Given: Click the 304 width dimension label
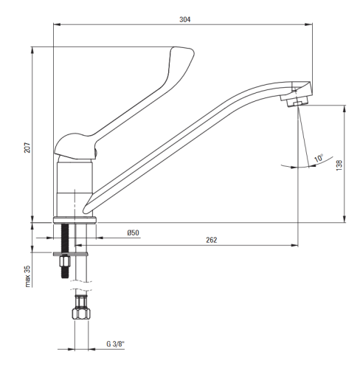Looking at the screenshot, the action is click(184, 19).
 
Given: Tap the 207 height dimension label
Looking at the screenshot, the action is click(27, 148).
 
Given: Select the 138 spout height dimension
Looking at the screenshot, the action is click(339, 165).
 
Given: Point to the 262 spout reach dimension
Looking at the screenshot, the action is click(212, 240).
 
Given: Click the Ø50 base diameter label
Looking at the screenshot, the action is click(133, 232).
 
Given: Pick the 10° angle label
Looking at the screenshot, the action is click(319, 158).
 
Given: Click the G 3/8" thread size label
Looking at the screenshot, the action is click(115, 344).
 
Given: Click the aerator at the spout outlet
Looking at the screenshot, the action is click(297, 103).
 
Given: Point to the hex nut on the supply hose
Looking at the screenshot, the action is click(81, 314).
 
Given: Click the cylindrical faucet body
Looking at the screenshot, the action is click(75, 188).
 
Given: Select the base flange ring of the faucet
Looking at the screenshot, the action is click(75, 220).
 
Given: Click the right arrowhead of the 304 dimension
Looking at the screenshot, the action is click(308, 24).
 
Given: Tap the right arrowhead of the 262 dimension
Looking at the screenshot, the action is click(294, 245).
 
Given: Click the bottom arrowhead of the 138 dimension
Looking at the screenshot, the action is click(345, 218).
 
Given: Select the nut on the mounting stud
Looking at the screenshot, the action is click(65, 261).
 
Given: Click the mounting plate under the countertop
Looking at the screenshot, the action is click(71, 254).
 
